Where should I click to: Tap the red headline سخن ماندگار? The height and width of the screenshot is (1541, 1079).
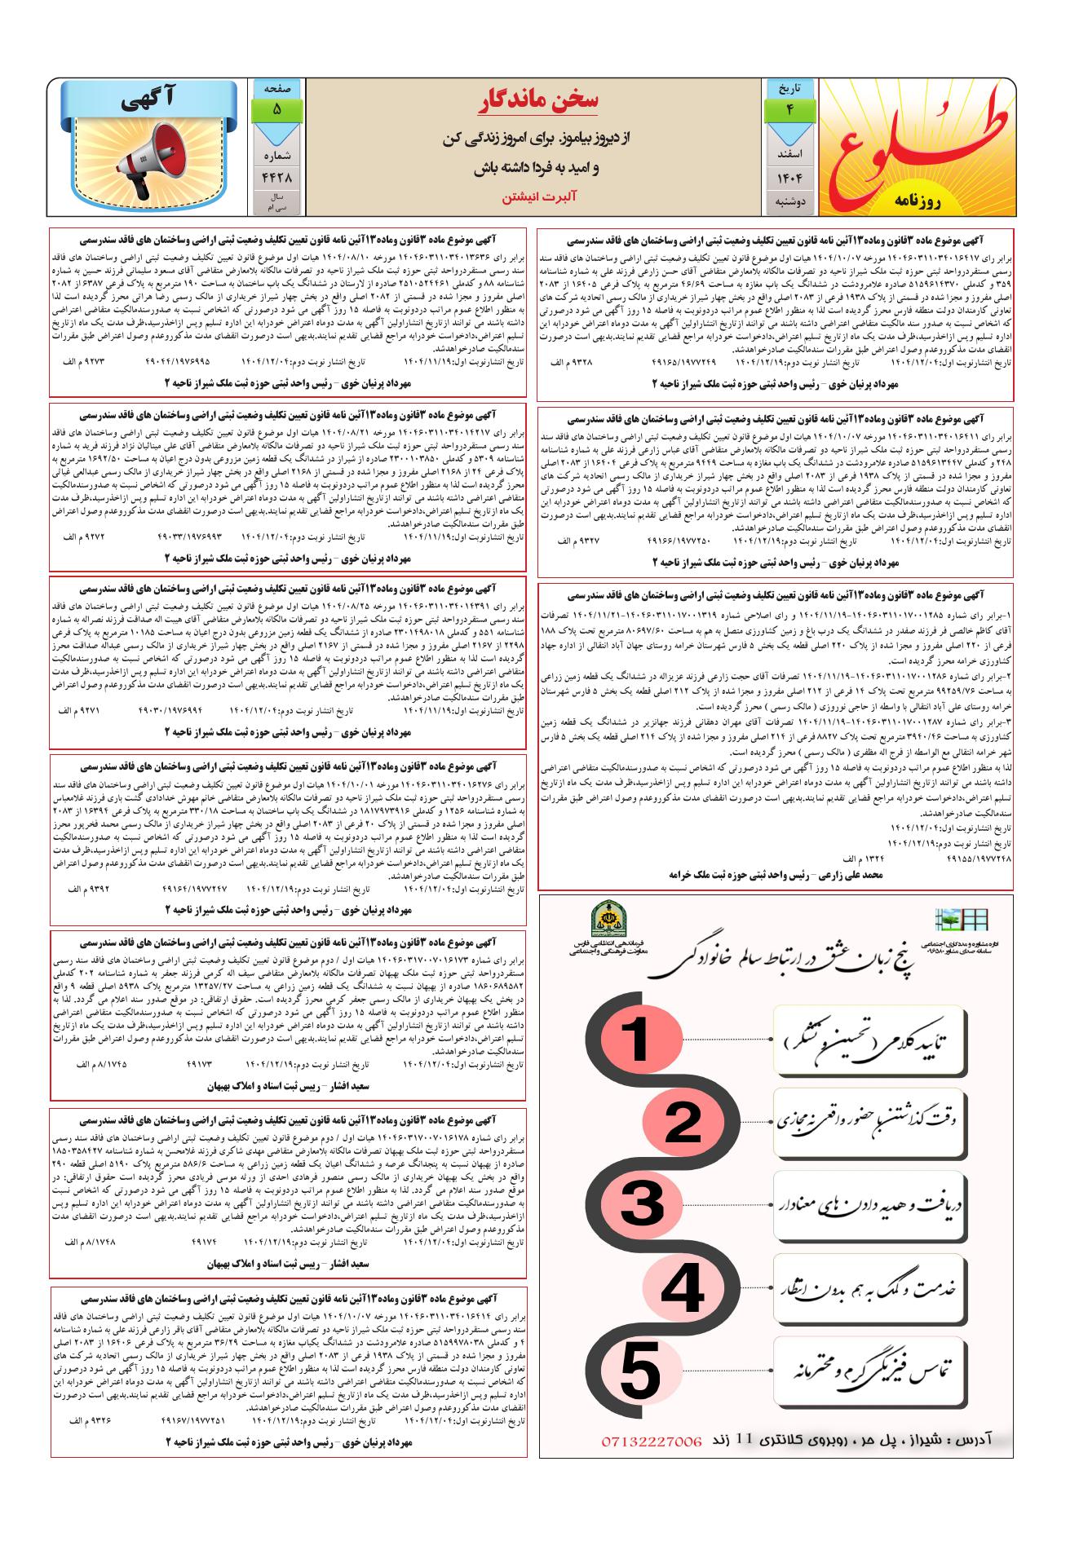pyautogui.click(x=540, y=100)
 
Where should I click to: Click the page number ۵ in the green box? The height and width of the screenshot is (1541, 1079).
pyautogui.click(x=276, y=108)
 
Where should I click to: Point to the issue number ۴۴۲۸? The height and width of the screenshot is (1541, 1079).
pyautogui.click(x=276, y=176)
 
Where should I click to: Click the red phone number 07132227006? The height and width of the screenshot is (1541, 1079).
pyautogui.click(x=651, y=1441)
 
